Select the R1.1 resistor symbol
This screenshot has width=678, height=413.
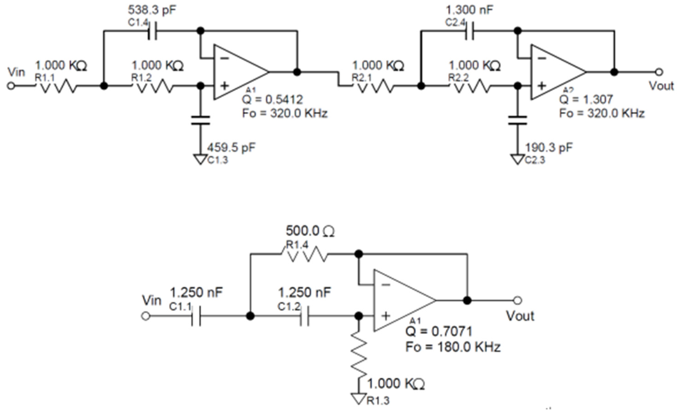click(58, 86)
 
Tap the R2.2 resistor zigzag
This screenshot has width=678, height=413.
click(471, 86)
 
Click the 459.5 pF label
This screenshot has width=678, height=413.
click(231, 148)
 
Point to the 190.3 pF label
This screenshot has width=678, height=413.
click(549, 148)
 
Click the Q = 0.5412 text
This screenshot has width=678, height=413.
click(272, 100)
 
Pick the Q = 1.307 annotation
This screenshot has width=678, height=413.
click(586, 100)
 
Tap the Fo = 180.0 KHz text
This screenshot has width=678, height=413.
click(453, 347)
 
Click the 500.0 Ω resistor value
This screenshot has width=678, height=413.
click(310, 231)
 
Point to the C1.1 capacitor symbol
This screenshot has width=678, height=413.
click(196, 316)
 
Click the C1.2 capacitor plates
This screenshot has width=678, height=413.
click(304, 316)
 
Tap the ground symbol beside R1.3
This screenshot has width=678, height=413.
click(359, 398)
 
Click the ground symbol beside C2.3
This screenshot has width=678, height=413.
click(518, 159)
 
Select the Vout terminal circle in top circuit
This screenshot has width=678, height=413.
click(659, 72)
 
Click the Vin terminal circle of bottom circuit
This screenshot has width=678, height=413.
click(146, 316)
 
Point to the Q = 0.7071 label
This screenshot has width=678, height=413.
click(439, 331)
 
